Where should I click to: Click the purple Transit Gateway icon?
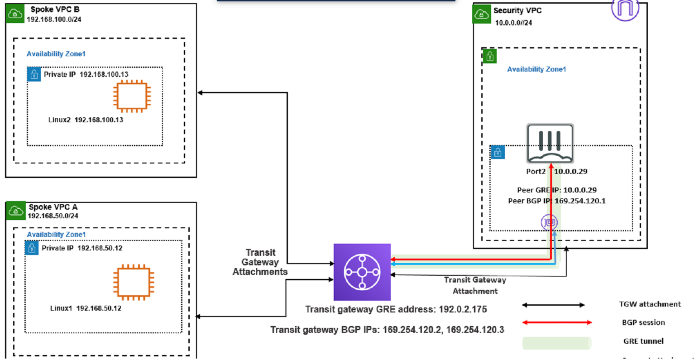click(x=362, y=272)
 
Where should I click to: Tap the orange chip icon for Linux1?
click(x=133, y=283)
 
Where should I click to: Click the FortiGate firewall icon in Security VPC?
click(x=550, y=143)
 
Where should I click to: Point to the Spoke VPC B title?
click(x=55, y=10)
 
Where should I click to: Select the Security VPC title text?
click(x=517, y=10)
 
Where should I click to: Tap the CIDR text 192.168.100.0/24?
click(x=54, y=19)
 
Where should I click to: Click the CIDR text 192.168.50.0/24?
click(x=53, y=216)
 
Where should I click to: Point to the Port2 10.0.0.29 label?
click(x=556, y=172)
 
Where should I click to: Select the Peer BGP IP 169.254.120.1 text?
click(x=556, y=201)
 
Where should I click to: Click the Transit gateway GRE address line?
click(x=396, y=309)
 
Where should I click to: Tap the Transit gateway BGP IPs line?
click(x=387, y=330)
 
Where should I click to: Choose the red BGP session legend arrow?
click(x=557, y=322)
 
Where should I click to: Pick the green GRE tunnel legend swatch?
click(x=556, y=343)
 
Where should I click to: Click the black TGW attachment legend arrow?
click(x=553, y=305)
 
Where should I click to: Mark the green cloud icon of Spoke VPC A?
click(x=16, y=211)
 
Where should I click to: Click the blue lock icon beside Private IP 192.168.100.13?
click(x=34, y=74)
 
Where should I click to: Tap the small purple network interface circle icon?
click(x=549, y=222)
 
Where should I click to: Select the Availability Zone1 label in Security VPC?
click(x=536, y=69)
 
